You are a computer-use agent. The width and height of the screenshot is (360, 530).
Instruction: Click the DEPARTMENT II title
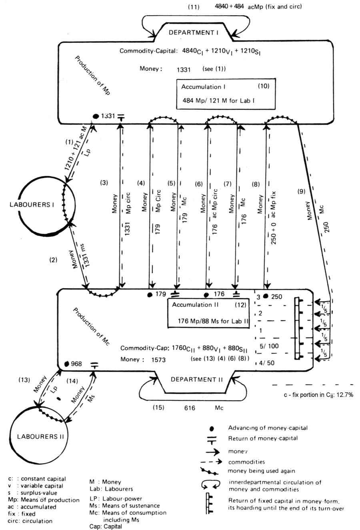(x=196, y=380)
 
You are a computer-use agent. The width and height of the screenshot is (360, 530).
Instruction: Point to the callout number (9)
(x=301, y=191)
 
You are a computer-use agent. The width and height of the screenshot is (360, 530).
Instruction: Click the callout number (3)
(x=104, y=183)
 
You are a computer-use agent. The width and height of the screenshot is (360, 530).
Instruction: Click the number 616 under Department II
(x=190, y=408)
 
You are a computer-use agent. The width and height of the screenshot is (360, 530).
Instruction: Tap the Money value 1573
(x=158, y=360)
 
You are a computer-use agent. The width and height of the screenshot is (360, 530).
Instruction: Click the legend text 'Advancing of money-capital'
(x=268, y=428)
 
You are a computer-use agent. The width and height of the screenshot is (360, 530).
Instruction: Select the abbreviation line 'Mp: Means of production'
(x=44, y=500)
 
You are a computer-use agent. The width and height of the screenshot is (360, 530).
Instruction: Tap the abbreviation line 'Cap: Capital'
(x=106, y=526)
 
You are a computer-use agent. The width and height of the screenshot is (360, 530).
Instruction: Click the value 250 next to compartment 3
(x=276, y=297)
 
